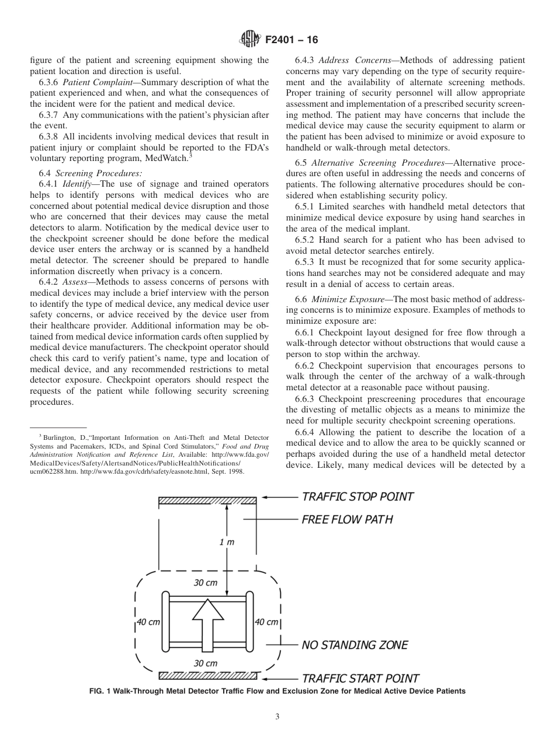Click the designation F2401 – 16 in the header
[290, 40]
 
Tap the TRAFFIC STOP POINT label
[358, 496]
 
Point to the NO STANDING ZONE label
[355, 645]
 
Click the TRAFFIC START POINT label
[360, 678]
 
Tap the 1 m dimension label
[227, 542]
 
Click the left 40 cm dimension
[148, 622]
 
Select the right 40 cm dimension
[266, 622]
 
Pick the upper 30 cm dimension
[205, 583]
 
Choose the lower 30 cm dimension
[205, 663]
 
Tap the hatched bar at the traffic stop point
[207, 499]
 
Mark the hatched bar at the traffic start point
[207, 676]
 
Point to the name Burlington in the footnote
[60, 437]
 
